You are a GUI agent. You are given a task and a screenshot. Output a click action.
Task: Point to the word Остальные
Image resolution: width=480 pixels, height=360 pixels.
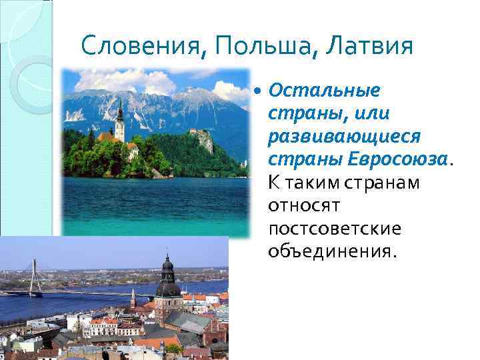(x=324, y=90)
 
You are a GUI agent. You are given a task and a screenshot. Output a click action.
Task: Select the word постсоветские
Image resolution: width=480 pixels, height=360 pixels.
(x=335, y=228)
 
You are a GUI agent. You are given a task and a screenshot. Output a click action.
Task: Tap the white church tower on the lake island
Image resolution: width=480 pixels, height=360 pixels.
(x=119, y=123)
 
